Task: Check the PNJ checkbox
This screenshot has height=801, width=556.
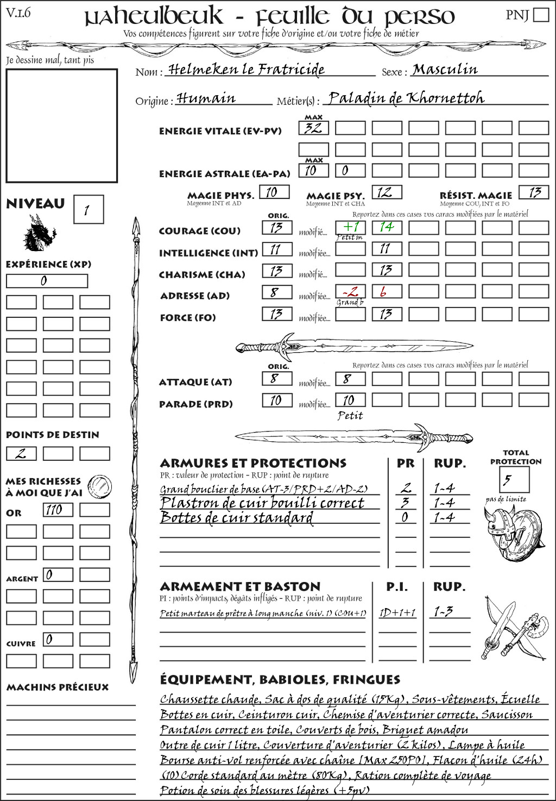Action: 541,15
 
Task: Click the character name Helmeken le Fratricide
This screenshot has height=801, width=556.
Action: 247,70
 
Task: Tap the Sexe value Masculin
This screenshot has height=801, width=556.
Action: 445,70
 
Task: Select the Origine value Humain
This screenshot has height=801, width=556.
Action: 206,98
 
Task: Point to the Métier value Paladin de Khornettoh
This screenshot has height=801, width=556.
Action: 406,98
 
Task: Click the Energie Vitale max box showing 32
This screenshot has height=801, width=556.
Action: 313,128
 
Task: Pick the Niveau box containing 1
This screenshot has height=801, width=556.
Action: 88,209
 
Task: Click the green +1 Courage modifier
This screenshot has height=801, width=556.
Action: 350,227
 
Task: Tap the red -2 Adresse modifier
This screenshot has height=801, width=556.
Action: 350,291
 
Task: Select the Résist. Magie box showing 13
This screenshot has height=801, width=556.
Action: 534,192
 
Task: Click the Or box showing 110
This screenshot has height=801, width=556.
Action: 58,510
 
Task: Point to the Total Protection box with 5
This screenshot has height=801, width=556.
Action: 514,479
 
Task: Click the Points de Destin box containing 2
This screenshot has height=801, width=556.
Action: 21,453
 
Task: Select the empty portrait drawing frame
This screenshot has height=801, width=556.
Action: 61,126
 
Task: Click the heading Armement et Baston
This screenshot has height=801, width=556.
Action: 240,586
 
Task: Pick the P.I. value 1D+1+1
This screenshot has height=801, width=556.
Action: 397,612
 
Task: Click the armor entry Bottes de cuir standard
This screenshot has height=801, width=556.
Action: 237,517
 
